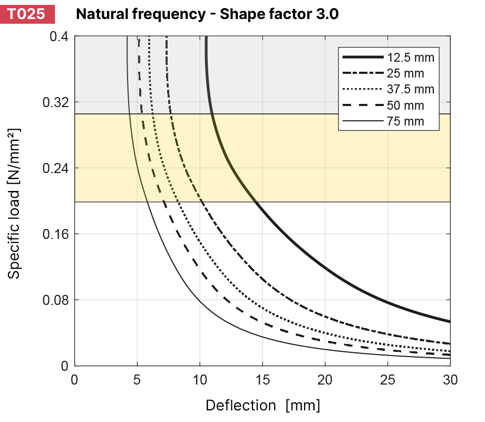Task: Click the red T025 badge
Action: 27,14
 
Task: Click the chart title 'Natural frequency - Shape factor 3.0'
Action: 207,14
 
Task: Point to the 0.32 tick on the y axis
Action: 55,102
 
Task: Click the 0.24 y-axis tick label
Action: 55,168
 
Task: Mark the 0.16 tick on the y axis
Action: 55,234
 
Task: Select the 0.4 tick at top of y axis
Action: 59,36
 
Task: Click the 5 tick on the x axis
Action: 137,379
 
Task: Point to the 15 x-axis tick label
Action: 263,379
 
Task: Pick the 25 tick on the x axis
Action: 387,379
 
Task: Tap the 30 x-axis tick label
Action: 449,379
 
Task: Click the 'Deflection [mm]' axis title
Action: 263,406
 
